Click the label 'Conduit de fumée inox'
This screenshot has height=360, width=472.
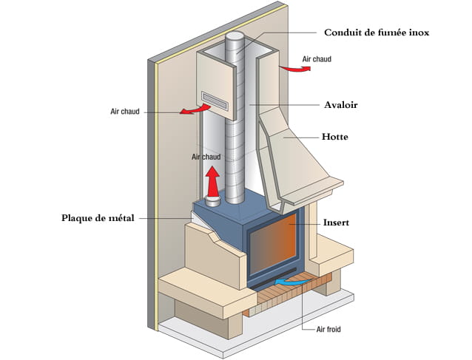(x=377, y=33)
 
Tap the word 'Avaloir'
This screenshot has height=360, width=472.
(x=341, y=105)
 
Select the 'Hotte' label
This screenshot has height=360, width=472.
(x=335, y=137)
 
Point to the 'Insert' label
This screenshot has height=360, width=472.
(x=336, y=223)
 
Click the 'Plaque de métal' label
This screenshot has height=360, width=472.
(x=98, y=218)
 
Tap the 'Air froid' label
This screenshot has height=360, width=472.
(x=328, y=330)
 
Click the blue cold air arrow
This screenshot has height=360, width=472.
(x=292, y=282)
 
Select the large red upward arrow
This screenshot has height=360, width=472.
(x=213, y=182)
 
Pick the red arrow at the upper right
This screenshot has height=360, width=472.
(x=295, y=69)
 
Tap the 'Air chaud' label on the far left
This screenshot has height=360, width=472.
(x=125, y=112)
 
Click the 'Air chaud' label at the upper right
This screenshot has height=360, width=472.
(x=317, y=59)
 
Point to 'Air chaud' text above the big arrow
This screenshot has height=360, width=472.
(x=206, y=157)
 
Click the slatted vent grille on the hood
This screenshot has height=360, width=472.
(x=215, y=101)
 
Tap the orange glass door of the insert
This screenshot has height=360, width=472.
(x=273, y=245)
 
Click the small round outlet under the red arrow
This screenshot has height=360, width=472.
(x=213, y=201)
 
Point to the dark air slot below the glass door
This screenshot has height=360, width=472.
(x=274, y=279)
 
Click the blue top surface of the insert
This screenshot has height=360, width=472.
(x=237, y=207)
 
